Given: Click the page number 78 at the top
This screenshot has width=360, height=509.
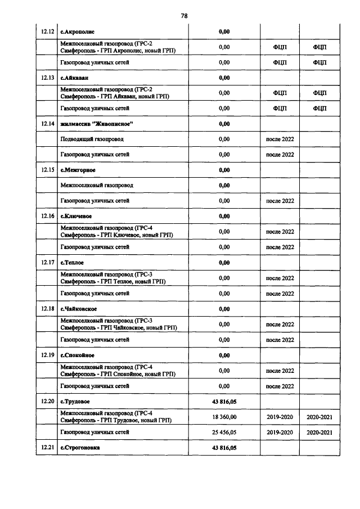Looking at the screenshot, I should pyautogui.click(x=184, y=15).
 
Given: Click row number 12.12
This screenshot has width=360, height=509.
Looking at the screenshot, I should pyautogui.click(x=47, y=31).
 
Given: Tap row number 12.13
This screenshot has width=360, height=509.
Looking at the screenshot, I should pyautogui.click(x=47, y=77).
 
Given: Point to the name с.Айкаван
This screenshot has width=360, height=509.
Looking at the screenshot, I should pyautogui.click(x=75, y=77).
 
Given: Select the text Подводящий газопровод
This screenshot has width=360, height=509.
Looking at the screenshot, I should pyautogui.click(x=92, y=138).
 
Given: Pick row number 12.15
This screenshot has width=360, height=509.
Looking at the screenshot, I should pyautogui.click(x=47, y=170).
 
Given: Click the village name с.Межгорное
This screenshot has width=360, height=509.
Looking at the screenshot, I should pyautogui.click(x=78, y=170).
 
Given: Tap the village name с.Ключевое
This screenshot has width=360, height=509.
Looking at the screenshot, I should pyautogui.click(x=76, y=216).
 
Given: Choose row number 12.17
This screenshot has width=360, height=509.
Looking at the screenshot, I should pyautogui.click(x=47, y=263).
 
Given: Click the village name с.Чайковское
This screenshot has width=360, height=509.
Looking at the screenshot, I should pyautogui.click(x=78, y=309).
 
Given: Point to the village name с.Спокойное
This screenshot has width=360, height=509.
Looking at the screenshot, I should pyautogui.click(x=77, y=355).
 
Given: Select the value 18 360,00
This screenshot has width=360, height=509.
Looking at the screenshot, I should pyautogui.click(x=224, y=417).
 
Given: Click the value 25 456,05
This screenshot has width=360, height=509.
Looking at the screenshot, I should pyautogui.click(x=224, y=432).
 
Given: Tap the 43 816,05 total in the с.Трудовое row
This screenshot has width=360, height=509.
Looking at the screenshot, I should pyautogui.click(x=224, y=402).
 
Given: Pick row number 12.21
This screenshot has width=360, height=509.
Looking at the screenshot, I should pyautogui.click(x=47, y=448).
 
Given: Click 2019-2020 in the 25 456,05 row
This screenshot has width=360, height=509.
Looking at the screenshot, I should pyautogui.click(x=280, y=432).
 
